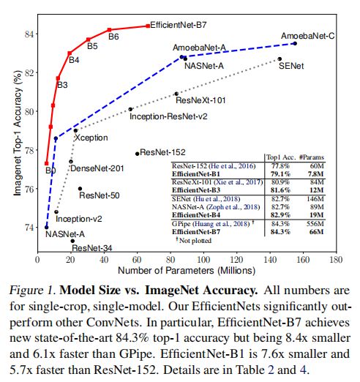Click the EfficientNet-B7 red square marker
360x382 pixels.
click(x=148, y=26)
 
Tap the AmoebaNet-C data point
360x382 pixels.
click(x=295, y=43)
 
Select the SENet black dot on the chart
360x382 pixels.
click(x=280, y=59)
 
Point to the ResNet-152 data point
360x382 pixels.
click(x=137, y=154)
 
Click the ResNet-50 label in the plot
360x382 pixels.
click(x=100, y=195)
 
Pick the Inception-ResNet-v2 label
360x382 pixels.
click(x=168, y=116)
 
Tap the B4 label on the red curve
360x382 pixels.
click(x=74, y=60)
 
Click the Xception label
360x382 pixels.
click(x=91, y=138)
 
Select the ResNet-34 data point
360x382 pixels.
click(x=72, y=241)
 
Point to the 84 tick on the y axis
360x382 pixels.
click(x=30, y=34)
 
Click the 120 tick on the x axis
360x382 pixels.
click(x=236, y=260)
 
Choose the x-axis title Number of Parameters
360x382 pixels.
click(x=187, y=271)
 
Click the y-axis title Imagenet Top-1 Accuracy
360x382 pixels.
click(x=18, y=133)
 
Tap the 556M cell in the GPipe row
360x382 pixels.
click(x=315, y=224)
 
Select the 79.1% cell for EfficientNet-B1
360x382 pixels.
click(x=280, y=174)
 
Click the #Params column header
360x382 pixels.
click(x=312, y=157)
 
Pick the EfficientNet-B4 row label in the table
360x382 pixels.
click(x=196, y=215)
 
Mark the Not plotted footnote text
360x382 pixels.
click(x=194, y=241)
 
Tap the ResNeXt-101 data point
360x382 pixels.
click(x=176, y=94)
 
